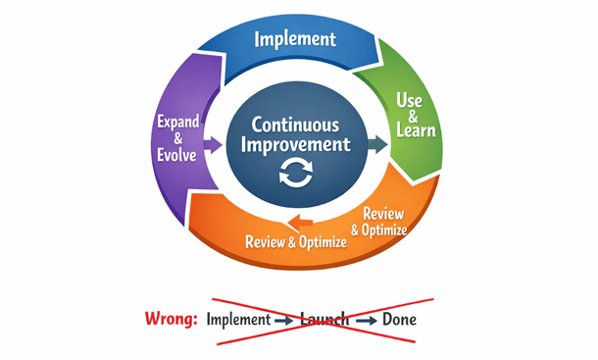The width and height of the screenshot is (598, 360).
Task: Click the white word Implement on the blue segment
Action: (x=295, y=40)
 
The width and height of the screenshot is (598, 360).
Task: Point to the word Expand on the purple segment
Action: (x=178, y=122)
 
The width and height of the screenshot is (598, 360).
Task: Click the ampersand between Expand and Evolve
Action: (x=178, y=138)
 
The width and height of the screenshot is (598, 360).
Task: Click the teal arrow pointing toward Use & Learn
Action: (x=376, y=145)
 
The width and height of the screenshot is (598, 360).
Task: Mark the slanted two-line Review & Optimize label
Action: (x=384, y=223)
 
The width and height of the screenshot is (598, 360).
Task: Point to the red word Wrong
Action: (x=170, y=319)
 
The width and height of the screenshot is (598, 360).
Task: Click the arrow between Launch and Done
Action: (x=367, y=320)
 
